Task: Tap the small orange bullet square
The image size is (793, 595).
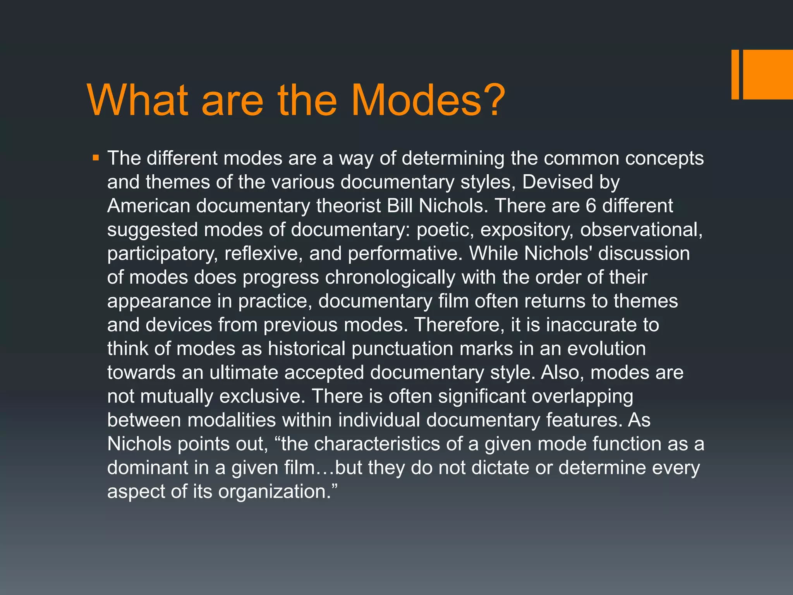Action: coord(96,158)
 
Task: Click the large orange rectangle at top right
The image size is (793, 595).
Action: coord(767,74)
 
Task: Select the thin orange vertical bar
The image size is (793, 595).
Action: coord(735,74)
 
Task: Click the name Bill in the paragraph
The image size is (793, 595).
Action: coord(400,206)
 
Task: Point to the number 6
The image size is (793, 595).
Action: coord(590,206)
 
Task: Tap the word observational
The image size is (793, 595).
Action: coord(641,230)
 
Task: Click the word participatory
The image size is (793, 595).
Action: coord(163,254)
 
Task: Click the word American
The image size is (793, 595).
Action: coord(149,206)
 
